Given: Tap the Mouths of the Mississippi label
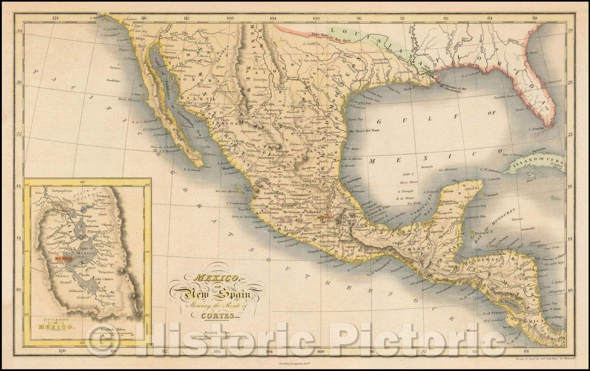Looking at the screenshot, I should click(454, 88).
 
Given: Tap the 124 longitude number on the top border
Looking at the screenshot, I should click(54, 17).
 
